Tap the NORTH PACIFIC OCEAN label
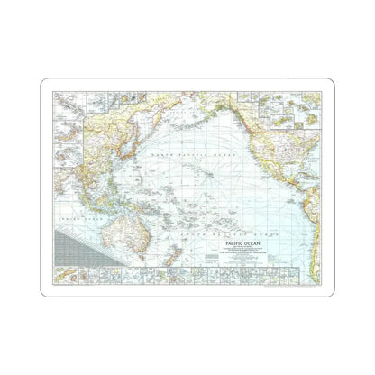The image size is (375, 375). [193, 155]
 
